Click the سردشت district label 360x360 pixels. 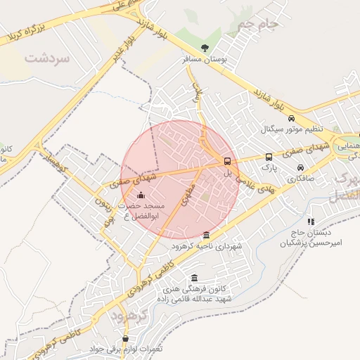(x=47, y=58)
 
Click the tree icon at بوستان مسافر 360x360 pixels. (x=205, y=48)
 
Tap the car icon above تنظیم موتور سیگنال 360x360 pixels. (x=292, y=118)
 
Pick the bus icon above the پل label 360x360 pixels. (x=227, y=161)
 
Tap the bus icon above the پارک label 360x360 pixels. (x=269, y=157)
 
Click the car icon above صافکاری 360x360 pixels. (x=301, y=169)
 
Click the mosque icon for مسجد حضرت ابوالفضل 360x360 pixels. (x=141, y=195)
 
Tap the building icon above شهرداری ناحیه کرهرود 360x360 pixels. (x=206, y=236)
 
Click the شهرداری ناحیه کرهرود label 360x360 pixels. (x=210, y=247)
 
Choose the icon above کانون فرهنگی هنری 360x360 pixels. (x=194, y=278)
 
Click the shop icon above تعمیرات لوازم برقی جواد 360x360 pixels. (x=125, y=338)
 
